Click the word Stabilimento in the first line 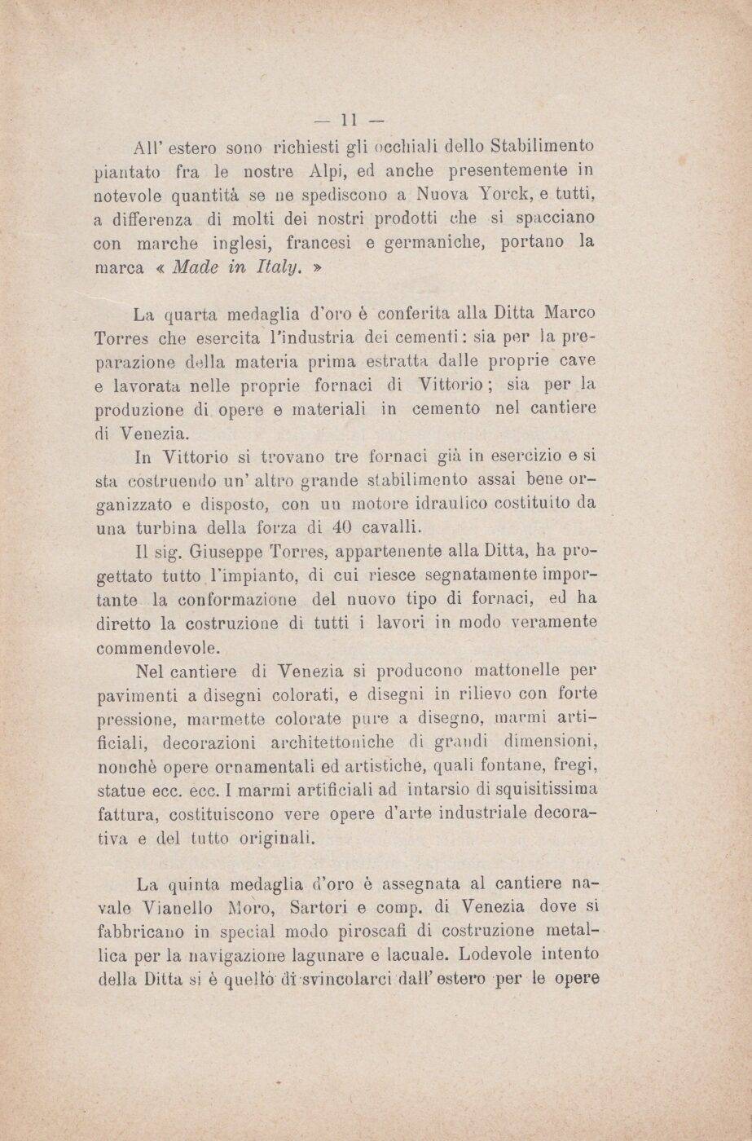[543, 148]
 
